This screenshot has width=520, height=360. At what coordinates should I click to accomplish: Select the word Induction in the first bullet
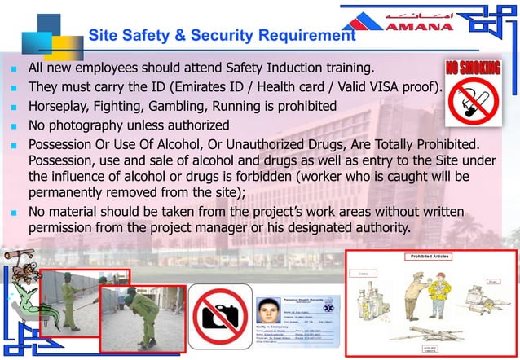click(x=277, y=68)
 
